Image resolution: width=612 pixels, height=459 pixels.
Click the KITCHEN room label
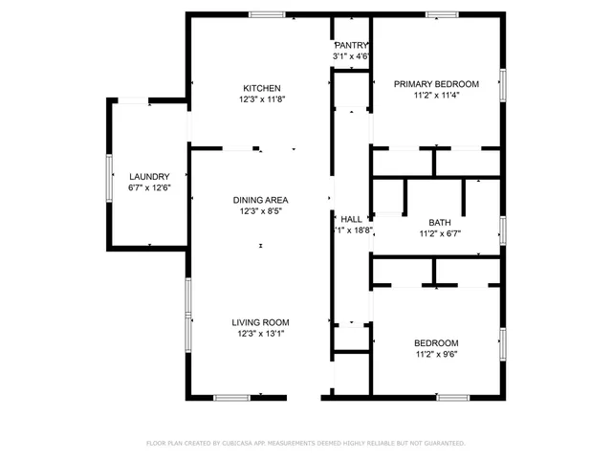pos(261,87)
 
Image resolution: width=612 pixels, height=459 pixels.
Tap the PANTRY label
pos(351,46)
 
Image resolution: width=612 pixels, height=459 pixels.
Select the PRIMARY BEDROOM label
pos(436,84)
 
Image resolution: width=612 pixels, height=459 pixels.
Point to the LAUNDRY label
pos(149,177)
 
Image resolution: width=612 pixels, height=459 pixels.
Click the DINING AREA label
pos(261,200)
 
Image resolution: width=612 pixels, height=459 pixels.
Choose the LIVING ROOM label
pos(261,322)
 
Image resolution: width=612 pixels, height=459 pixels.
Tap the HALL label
pos(351,219)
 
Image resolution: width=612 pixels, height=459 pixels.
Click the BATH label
pos(440,222)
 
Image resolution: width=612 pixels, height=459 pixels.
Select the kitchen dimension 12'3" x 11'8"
pos(261,98)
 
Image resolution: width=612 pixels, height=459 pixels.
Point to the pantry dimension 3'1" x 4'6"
pos(351,56)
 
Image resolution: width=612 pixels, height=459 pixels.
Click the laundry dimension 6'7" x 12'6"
pos(149,187)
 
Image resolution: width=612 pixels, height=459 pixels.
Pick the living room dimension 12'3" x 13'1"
pos(261,334)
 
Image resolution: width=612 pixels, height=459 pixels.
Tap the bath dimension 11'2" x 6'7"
pos(440,233)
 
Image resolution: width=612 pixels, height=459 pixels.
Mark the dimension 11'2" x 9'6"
pos(436,355)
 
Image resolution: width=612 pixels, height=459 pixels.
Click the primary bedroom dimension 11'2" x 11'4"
pos(436,96)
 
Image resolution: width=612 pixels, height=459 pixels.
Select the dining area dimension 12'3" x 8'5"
pos(261,211)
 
